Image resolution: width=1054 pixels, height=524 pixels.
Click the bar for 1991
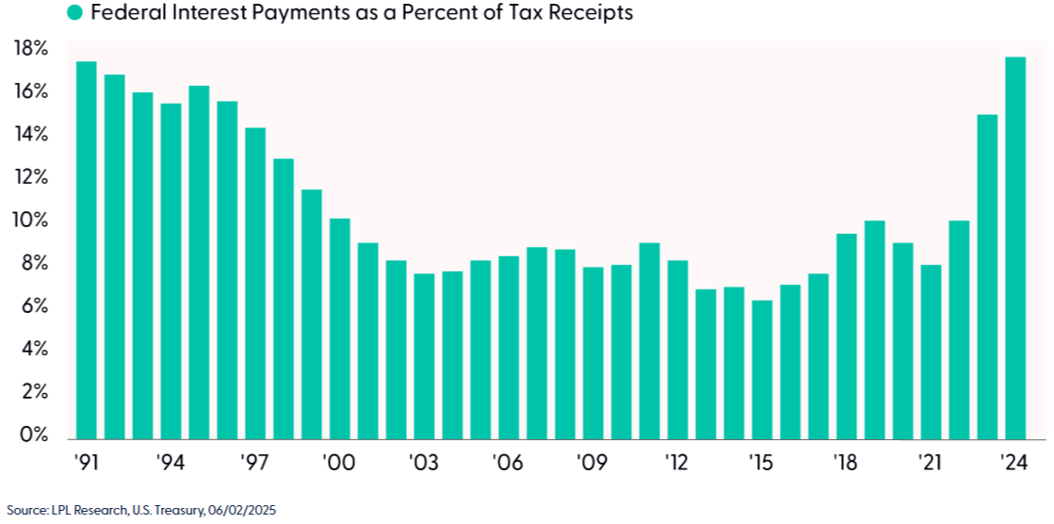click(87, 251)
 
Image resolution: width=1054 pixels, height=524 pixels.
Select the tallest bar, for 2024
click(1015, 248)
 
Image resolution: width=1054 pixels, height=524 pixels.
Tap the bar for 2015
click(762, 370)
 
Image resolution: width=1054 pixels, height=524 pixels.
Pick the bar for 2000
click(340, 329)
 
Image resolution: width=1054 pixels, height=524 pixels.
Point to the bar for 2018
click(846, 336)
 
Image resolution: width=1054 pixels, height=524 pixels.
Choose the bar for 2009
click(592, 353)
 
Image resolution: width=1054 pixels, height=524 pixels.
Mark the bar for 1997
click(255, 283)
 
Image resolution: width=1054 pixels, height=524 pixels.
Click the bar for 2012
click(677, 350)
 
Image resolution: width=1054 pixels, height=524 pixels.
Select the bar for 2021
click(931, 352)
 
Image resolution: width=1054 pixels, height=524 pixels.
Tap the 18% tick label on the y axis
click(29, 49)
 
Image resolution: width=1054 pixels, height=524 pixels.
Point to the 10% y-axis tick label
click(29, 221)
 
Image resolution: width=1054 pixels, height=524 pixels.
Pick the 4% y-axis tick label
click(31, 349)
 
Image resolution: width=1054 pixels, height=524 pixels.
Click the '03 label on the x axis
click(424, 463)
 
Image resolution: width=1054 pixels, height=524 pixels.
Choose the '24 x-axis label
click(1015, 463)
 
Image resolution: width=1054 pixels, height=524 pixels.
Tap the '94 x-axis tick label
click(170, 463)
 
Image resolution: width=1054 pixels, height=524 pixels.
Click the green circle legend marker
click(75, 12)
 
